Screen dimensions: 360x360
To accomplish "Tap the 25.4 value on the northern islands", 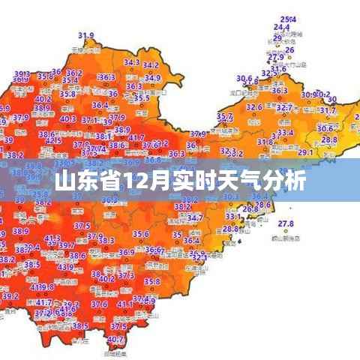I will pyautogui.click(x=287, y=19).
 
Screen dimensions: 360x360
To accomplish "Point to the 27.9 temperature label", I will pyautogui.click(x=276, y=58).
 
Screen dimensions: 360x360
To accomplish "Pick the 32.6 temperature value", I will pyautogui.click(x=254, y=107).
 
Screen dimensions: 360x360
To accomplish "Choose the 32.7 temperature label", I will pyautogui.click(x=283, y=108).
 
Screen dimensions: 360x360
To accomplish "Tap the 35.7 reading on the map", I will pyautogui.click(x=223, y=117).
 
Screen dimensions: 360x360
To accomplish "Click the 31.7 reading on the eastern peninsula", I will pyautogui.click(x=328, y=111).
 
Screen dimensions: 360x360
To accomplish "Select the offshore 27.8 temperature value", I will pyautogui.click(x=285, y=223).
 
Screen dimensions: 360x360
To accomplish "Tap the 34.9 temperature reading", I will pyautogui.click(x=152, y=77).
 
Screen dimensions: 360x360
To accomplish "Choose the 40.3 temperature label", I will pyautogui.click(x=67, y=118).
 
